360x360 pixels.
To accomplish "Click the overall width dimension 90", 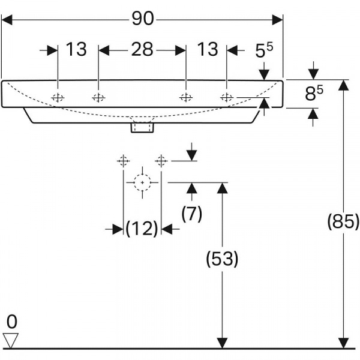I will click(143, 19).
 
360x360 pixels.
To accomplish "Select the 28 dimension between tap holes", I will click(142, 49).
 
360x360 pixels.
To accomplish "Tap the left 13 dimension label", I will click(77, 49).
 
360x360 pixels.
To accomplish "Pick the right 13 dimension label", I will click(208, 49).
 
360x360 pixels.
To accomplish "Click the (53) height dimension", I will click(222, 259).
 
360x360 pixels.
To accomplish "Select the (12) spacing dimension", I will click(142, 228).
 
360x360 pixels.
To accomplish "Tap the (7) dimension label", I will click(191, 213).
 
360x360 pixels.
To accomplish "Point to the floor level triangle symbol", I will click(11, 340).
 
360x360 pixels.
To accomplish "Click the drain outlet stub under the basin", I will click(142, 127).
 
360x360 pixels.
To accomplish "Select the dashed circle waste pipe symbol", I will click(142, 181).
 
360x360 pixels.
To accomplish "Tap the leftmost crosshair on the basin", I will click(58, 97).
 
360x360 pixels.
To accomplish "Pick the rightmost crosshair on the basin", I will click(227, 97).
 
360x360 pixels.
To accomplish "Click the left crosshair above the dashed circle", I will click(123, 160).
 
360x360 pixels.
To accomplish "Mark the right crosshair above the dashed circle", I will click(160, 160).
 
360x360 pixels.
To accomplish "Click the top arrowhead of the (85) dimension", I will click(343, 85).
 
